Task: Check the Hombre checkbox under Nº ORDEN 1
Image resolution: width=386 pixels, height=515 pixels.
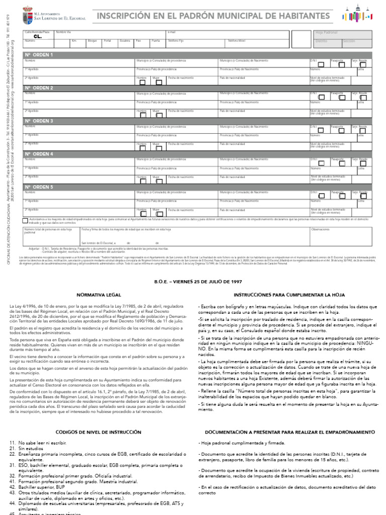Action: pyautogui.click(x=143, y=81)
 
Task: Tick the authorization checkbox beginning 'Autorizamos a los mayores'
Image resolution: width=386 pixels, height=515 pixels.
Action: pyautogui.click(x=26, y=220)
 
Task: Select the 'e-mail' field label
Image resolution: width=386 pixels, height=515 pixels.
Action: pyautogui.click(x=171, y=32)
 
